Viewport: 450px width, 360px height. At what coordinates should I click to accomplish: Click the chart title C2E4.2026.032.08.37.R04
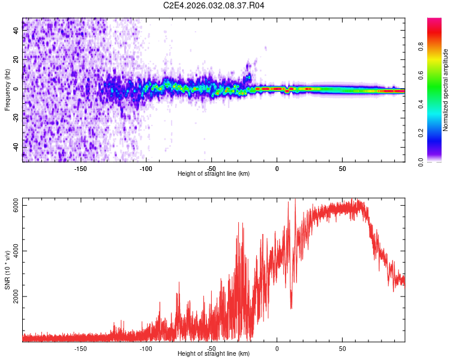click(x=214, y=5)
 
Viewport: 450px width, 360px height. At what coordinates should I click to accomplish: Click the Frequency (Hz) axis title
click(x=7, y=89)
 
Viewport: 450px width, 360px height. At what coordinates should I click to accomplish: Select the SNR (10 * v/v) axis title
click(x=7, y=269)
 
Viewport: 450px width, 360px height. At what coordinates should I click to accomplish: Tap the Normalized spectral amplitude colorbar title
click(x=446, y=89)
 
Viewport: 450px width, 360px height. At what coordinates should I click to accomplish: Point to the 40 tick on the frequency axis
click(x=16, y=31)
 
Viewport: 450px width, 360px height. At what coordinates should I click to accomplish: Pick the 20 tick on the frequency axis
click(x=16, y=60)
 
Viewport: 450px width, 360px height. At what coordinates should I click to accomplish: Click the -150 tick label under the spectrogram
click(x=81, y=169)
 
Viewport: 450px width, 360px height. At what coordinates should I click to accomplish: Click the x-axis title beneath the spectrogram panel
click(x=214, y=174)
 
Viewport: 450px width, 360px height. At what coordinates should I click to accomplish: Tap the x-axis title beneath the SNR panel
click(x=214, y=354)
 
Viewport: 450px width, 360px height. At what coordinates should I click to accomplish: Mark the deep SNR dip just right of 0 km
click(x=291, y=307)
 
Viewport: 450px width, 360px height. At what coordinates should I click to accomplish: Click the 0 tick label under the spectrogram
click(x=277, y=169)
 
